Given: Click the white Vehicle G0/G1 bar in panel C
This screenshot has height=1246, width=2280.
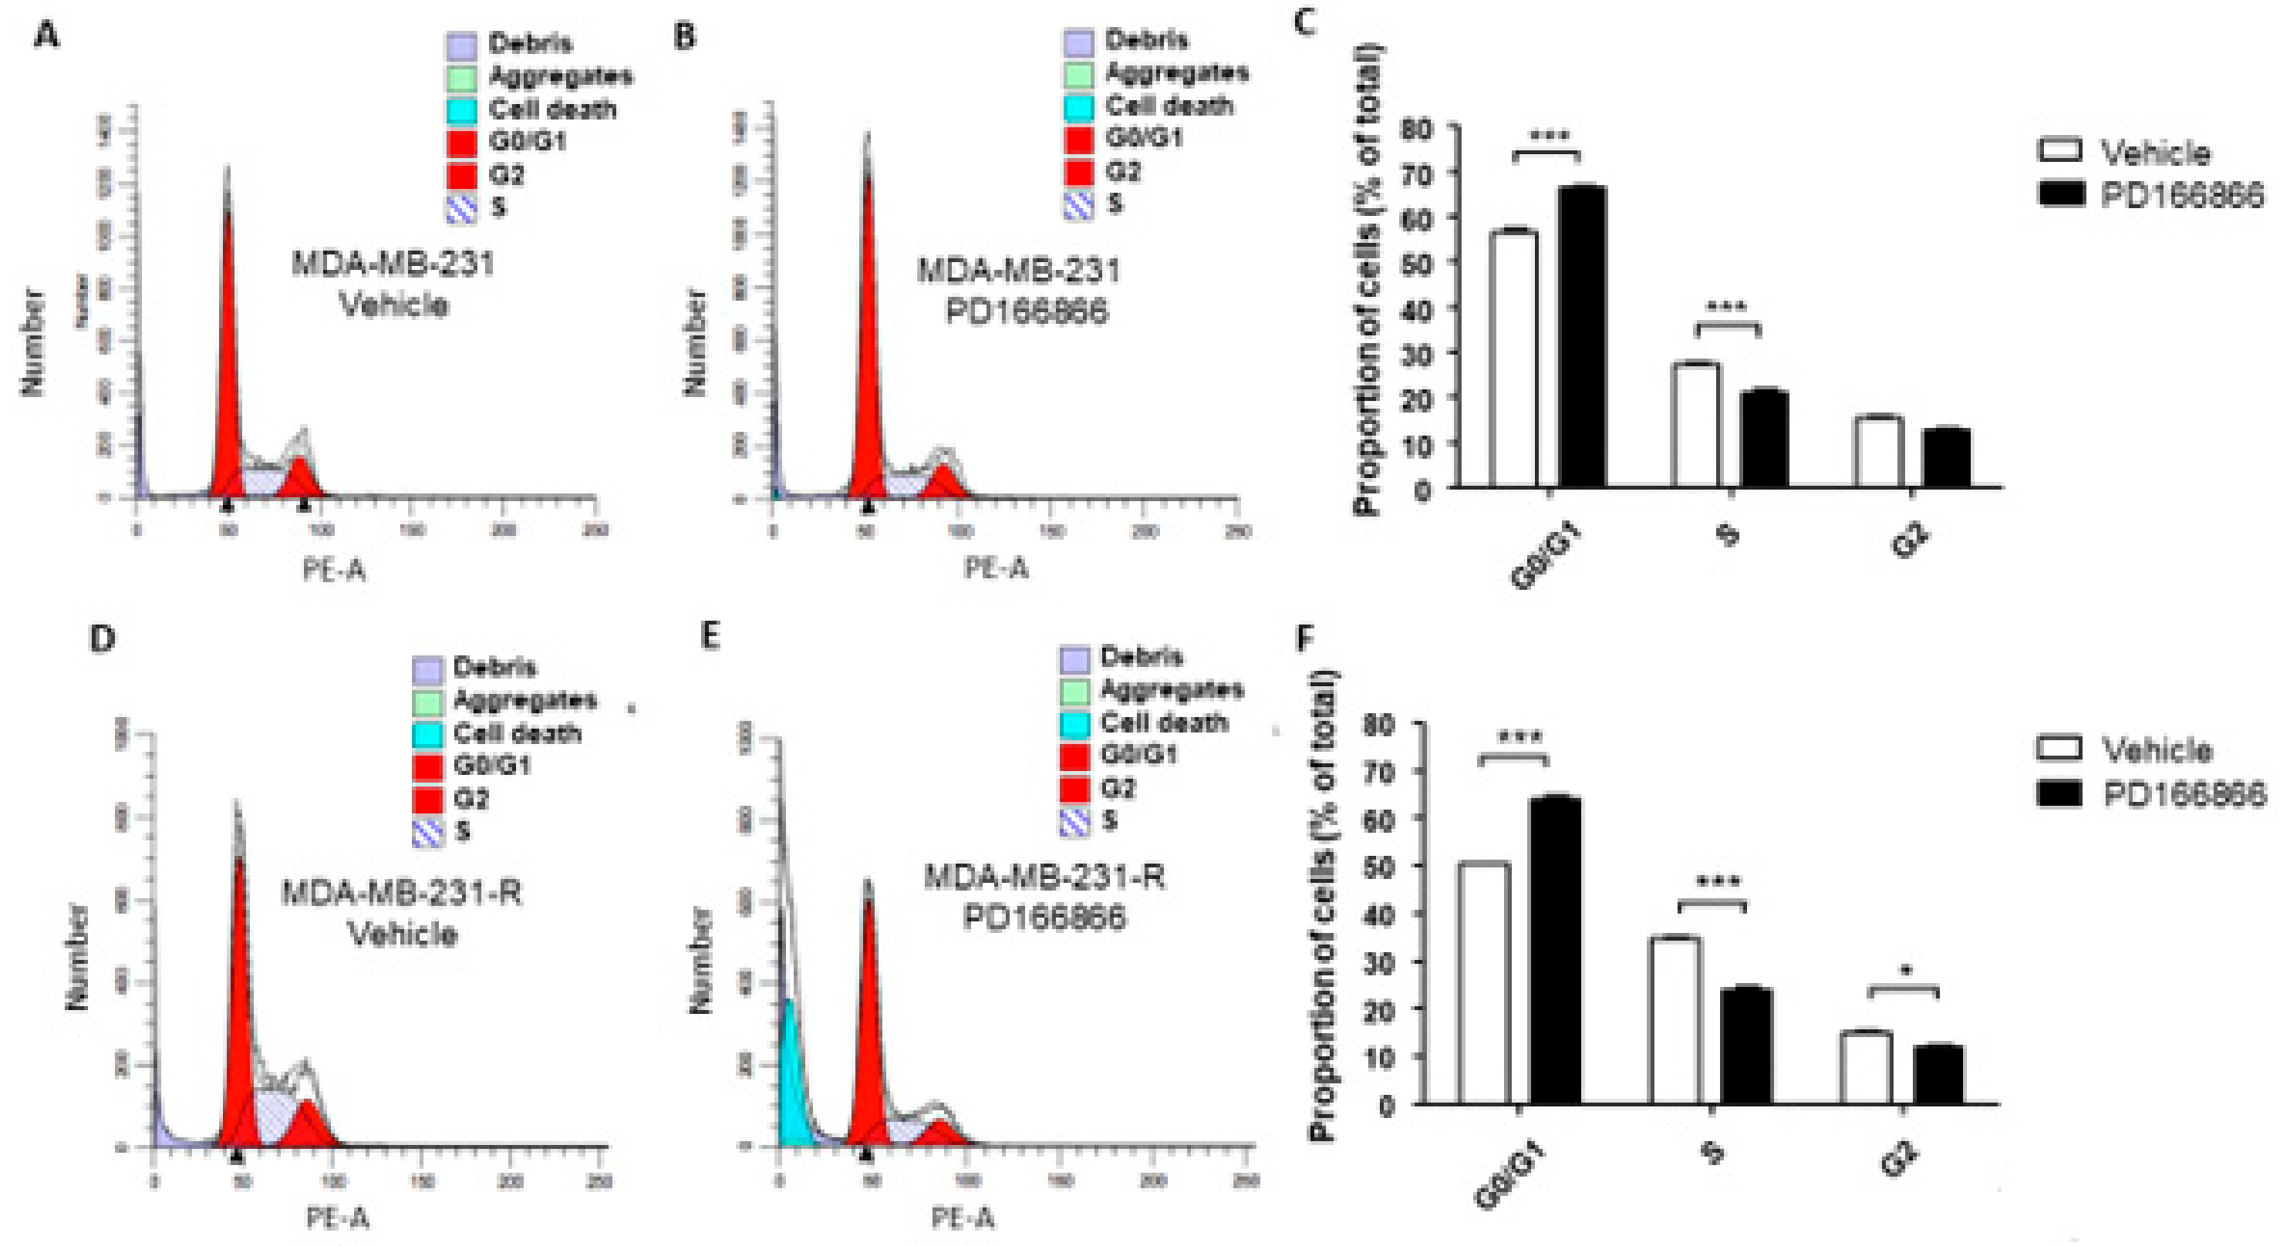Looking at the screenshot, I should [1513, 359].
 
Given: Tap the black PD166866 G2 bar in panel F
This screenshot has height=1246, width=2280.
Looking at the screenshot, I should [1938, 1074].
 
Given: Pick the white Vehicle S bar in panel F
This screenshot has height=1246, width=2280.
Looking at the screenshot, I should [1674, 1019].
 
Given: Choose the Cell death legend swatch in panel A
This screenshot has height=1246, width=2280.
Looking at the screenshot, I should [461, 109].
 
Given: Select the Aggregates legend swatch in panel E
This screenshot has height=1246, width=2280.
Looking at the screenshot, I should [1074, 689].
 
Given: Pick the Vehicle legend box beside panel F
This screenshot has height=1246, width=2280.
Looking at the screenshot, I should [2060, 748].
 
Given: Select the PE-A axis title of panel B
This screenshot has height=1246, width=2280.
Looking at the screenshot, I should [996, 567].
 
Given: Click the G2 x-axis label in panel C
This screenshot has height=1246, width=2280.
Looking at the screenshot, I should [1910, 540].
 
